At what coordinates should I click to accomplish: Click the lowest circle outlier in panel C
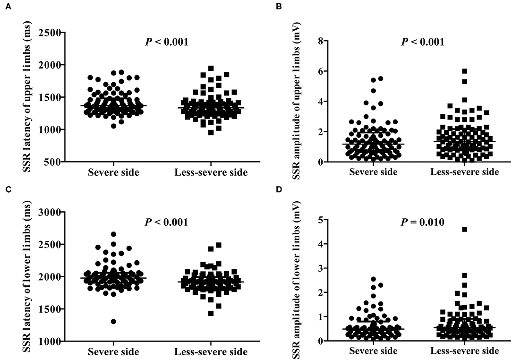[x=113, y=321]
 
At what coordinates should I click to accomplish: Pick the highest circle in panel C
[x=113, y=234]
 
